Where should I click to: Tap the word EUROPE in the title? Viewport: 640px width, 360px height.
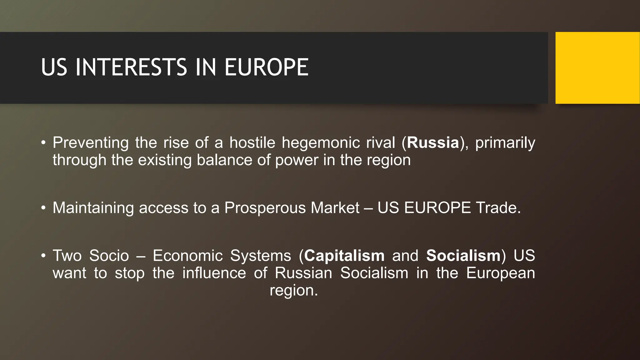[266, 67]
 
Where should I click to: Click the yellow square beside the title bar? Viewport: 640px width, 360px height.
[597, 68]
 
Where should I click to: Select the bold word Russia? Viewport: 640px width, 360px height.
[433, 143]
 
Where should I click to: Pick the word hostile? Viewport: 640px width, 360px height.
[252, 143]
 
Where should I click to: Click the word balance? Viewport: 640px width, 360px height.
[224, 160]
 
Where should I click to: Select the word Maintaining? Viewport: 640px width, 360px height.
[93, 208]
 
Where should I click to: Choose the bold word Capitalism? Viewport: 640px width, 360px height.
[344, 256]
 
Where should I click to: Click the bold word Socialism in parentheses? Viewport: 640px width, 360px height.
[463, 256]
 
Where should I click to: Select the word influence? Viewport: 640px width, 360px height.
[214, 273]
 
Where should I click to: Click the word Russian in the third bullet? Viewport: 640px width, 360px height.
[303, 273]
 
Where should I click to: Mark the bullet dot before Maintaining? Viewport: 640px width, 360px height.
[43, 208]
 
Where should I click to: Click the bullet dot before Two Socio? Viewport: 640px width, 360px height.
[43, 256]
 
